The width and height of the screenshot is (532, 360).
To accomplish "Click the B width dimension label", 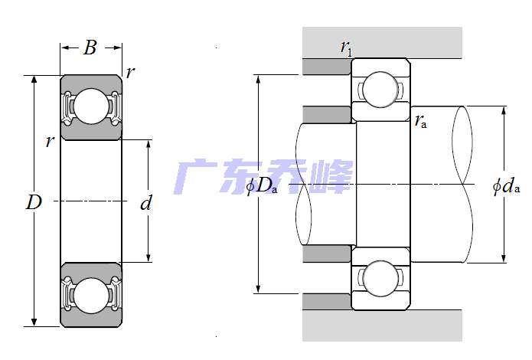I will [x=90, y=48].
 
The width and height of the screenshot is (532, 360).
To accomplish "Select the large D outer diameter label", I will [x=34, y=202].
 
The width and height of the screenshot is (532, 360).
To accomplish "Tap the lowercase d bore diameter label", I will [x=147, y=204].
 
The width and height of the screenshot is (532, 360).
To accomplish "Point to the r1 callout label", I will [x=346, y=48].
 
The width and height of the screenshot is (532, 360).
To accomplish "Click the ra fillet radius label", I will [x=420, y=119].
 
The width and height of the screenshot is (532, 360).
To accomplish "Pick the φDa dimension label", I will [x=263, y=185].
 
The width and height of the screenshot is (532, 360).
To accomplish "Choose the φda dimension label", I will [x=507, y=185].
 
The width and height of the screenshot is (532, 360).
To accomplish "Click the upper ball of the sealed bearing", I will [x=91, y=106].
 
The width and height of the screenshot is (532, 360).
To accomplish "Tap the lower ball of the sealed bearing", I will [x=91, y=295].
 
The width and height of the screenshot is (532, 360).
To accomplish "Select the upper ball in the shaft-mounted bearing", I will [x=378, y=90].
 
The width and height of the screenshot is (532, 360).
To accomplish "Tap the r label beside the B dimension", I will [x=130, y=72].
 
